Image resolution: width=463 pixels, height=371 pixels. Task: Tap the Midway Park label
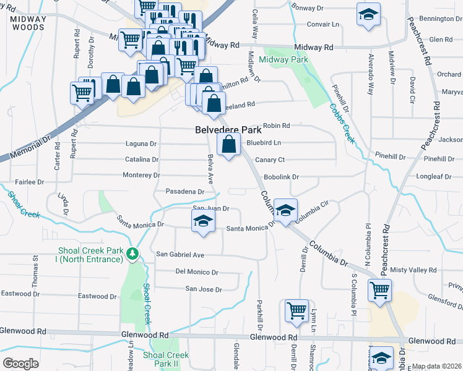(x=283, y=60)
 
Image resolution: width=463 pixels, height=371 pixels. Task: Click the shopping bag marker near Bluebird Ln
(x=228, y=146)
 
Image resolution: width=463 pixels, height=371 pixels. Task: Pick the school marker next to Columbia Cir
(x=285, y=211)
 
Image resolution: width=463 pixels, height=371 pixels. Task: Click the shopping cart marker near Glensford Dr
(x=379, y=291)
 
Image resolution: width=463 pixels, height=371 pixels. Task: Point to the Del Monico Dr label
(x=197, y=271)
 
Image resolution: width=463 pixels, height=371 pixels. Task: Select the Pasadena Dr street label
(x=184, y=192)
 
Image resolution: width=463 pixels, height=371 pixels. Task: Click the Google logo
(x=20, y=363)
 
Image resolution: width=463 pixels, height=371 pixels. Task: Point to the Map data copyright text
(x=436, y=366)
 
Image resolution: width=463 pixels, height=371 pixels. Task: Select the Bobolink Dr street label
(x=281, y=177)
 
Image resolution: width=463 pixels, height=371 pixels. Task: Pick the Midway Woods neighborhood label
(x=28, y=23)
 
